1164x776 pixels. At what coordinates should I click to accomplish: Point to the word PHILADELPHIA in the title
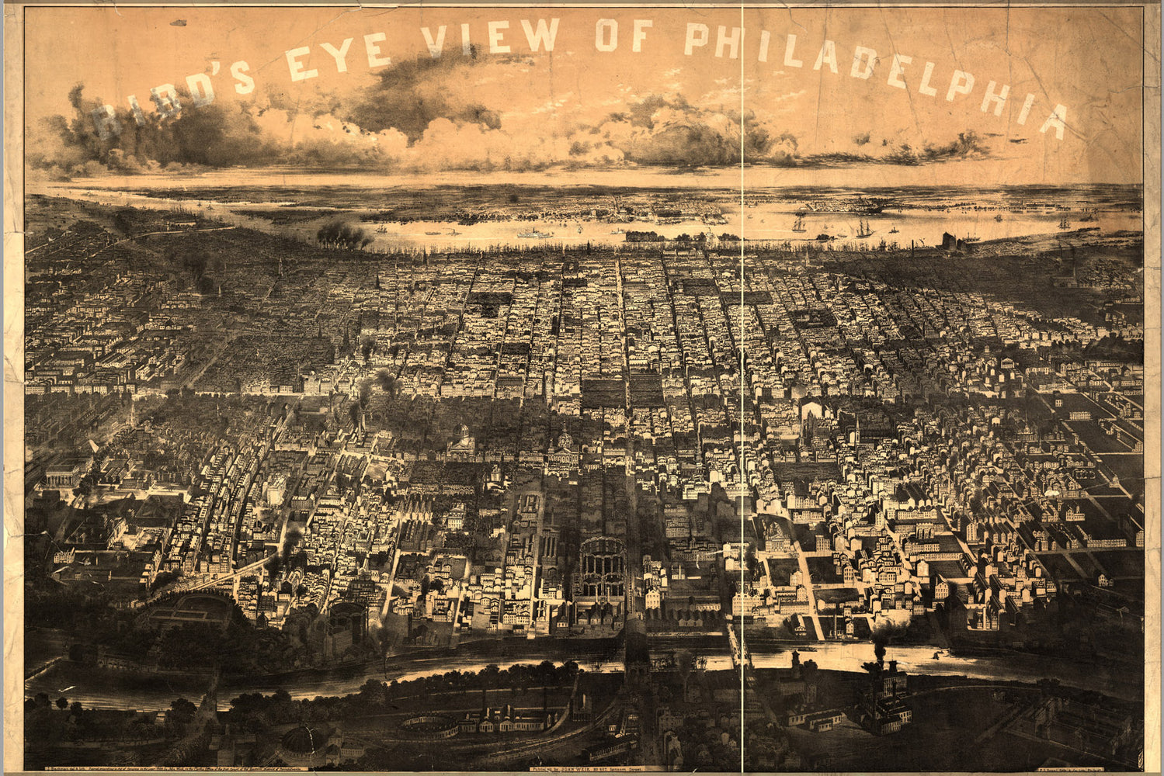click(877, 71)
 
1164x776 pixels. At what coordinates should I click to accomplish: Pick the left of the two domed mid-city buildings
click(462, 442)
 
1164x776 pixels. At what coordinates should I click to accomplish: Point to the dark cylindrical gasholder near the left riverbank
click(346, 621)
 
